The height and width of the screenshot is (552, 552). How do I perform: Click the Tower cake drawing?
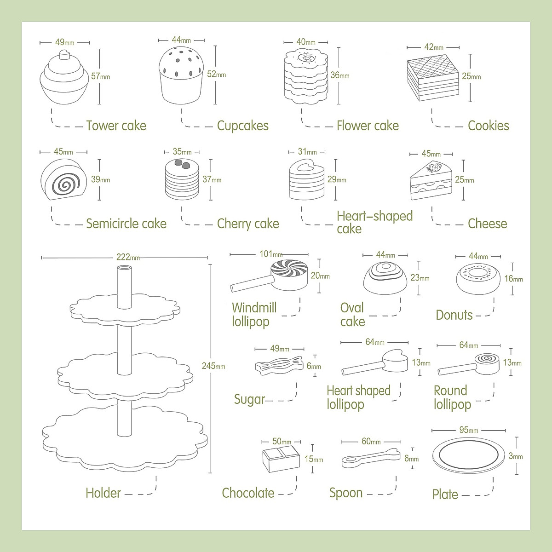click(x=64, y=78)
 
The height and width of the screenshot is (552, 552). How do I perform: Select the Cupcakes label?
click(x=242, y=126)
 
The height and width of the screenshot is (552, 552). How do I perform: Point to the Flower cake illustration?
click(x=305, y=76)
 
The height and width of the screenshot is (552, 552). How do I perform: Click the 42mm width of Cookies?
click(x=433, y=47)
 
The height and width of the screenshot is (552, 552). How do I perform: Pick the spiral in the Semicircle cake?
click(x=63, y=184)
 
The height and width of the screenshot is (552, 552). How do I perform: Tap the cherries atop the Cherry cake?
click(x=183, y=165)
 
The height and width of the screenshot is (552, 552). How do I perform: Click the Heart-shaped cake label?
click(x=374, y=222)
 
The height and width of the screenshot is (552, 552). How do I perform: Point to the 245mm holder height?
click(x=213, y=366)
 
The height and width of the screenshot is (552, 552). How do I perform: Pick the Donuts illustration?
click(x=478, y=279)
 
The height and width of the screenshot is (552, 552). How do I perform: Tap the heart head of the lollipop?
click(x=396, y=361)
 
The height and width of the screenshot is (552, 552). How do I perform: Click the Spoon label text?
click(x=346, y=493)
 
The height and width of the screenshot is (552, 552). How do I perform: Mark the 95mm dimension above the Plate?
click(x=468, y=430)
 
